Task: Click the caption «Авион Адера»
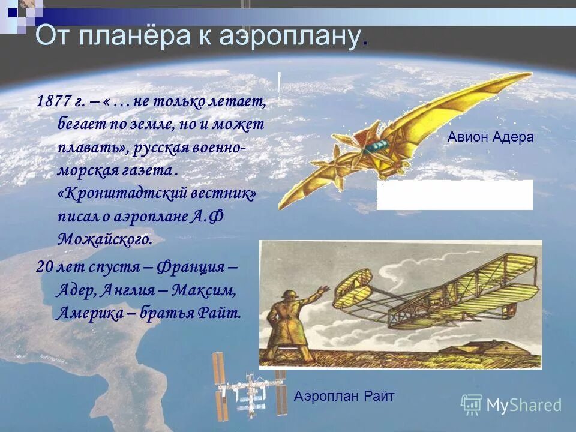(x=490, y=137)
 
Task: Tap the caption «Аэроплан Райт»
(x=344, y=395)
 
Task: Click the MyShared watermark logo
(x=511, y=405)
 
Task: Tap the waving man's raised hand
(x=324, y=290)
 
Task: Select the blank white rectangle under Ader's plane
(x=454, y=195)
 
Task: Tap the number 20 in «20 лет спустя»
(x=44, y=267)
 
